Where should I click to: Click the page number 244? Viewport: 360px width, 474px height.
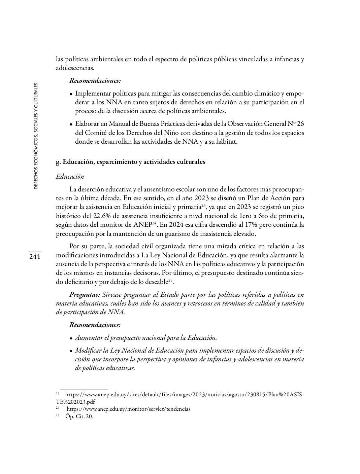(34, 256)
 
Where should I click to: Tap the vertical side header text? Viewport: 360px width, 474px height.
(36, 136)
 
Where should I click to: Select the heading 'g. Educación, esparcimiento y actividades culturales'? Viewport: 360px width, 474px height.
(130, 162)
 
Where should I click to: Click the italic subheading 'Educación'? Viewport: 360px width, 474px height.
(70, 177)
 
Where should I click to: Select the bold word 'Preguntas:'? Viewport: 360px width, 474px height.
(85, 295)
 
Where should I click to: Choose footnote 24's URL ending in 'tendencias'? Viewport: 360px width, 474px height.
(128, 409)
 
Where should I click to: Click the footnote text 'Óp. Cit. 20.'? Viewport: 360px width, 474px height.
(79, 416)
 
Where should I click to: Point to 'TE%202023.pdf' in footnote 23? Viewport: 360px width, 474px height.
(75, 402)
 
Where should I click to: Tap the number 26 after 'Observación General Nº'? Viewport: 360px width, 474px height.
(300, 124)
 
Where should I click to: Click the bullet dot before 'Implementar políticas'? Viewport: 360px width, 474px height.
(71, 94)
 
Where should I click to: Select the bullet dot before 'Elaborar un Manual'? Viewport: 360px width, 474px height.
(71, 124)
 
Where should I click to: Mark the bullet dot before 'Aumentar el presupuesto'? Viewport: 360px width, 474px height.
(71, 338)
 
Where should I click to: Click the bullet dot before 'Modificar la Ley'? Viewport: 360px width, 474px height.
(71, 351)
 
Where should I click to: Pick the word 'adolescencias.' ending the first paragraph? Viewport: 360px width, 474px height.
(75, 68)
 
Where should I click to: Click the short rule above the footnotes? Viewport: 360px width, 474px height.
(84, 388)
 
